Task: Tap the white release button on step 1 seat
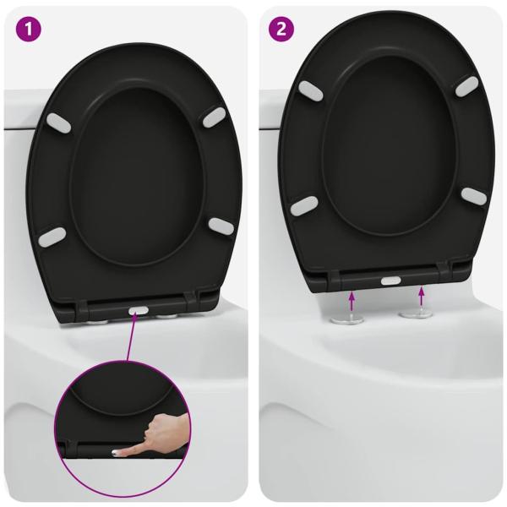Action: pyautogui.click(x=136, y=310)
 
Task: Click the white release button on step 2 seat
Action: pyautogui.click(x=392, y=280)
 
